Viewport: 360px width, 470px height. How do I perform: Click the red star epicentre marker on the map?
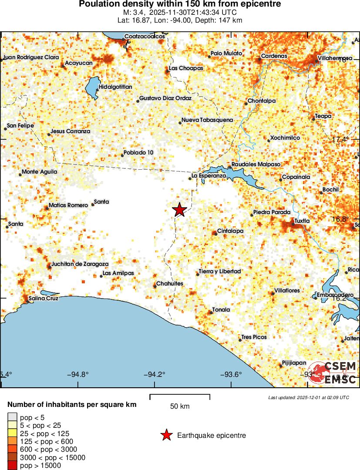coord(179,210)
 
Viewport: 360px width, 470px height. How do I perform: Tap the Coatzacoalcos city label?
coord(145,37)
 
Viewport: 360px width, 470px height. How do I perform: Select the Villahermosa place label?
coord(335,58)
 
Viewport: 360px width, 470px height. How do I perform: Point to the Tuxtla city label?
coord(302,221)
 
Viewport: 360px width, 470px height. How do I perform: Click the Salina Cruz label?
coord(43,299)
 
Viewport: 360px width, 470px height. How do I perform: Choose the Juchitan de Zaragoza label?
coord(80,264)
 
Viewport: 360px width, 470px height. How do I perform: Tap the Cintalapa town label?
coord(230,231)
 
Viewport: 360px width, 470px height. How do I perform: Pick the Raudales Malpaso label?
coord(255,164)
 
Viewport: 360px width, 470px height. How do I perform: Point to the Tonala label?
coord(221,310)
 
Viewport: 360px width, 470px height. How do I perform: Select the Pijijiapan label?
coord(294,363)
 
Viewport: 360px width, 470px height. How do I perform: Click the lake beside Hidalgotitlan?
coord(92,88)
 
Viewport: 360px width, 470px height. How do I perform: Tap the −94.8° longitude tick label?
coord(78,374)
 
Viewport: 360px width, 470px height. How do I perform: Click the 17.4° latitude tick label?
coord(340,139)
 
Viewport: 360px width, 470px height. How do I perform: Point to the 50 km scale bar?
coord(180,396)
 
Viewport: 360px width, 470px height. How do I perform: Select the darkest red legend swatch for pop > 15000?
coord(12,466)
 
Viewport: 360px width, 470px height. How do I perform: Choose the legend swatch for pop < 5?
coord(12,417)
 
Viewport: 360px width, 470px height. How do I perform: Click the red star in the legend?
coord(166,435)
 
